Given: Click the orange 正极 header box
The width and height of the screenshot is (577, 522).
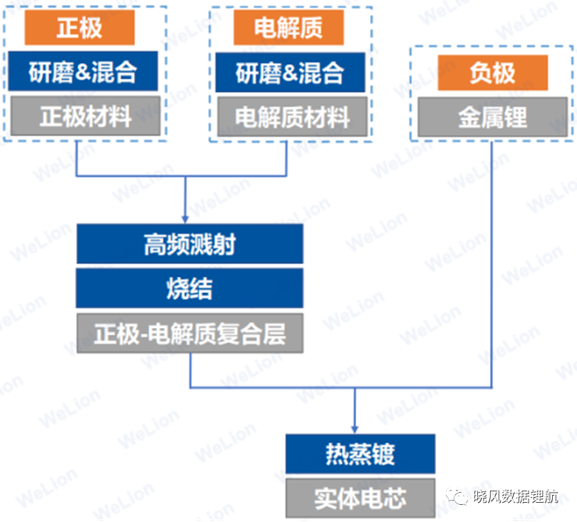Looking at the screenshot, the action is (x=80, y=28).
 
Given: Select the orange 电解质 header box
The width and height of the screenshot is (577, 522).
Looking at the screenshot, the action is (x=289, y=28).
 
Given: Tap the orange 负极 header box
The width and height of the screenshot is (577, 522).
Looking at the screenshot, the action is (x=493, y=73).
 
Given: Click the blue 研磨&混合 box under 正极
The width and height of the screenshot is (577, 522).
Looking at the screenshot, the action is (x=83, y=71).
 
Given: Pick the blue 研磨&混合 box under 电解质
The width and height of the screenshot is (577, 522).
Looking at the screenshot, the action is (x=291, y=73).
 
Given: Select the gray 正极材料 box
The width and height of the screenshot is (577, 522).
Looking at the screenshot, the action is (x=85, y=116).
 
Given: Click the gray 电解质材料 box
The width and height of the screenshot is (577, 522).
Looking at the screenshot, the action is (x=293, y=117).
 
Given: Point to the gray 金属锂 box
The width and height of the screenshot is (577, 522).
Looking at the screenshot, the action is (x=493, y=117).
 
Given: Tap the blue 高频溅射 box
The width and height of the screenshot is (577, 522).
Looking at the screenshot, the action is (x=190, y=244).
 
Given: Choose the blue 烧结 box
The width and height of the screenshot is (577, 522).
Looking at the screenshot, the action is (x=190, y=288).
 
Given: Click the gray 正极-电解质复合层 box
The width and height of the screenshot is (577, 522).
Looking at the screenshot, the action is (x=190, y=334).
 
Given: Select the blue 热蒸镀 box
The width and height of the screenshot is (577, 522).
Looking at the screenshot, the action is (x=360, y=454).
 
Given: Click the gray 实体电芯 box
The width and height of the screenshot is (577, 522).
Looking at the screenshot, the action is (x=360, y=498).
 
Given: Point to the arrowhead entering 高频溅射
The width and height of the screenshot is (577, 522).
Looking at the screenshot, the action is (x=185, y=220).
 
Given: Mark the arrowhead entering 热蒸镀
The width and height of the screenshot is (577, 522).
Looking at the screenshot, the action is (x=355, y=430).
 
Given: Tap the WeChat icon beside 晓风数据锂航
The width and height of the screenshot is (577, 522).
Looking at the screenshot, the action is (x=457, y=496).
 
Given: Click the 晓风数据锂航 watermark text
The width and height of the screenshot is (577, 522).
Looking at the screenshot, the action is (x=516, y=496).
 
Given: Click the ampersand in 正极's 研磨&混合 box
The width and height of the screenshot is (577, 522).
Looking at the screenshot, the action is (x=83, y=71).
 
